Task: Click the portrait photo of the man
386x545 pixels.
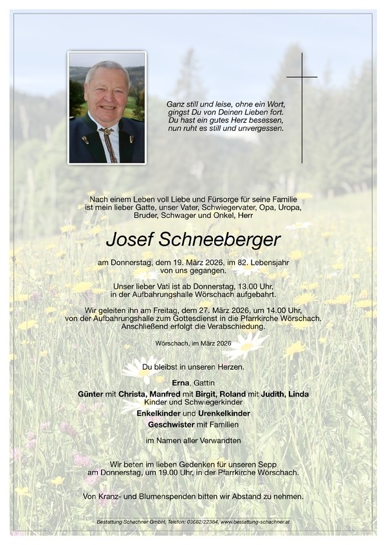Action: [x=107, y=107]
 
